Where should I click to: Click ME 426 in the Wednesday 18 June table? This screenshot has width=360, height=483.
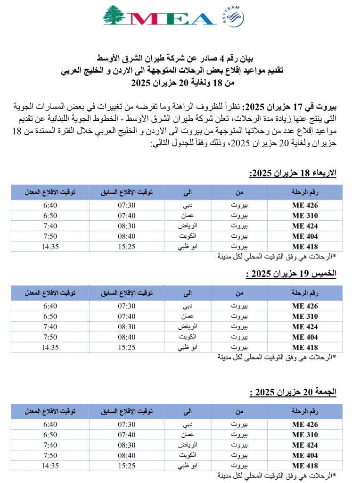[305, 205]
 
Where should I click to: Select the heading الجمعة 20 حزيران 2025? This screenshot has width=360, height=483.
[293, 392]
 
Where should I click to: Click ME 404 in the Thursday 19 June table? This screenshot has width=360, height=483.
[305, 337]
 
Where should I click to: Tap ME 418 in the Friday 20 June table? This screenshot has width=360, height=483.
[305, 466]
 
